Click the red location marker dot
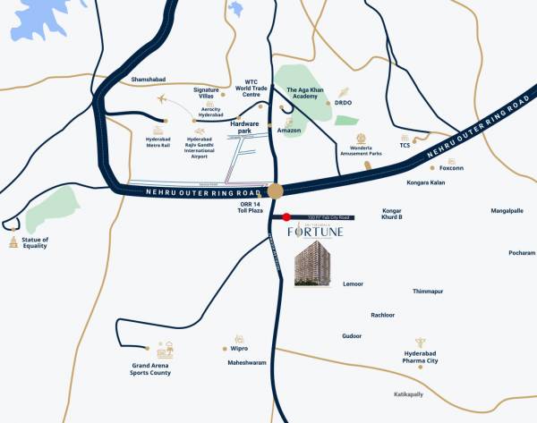pyautogui.click(x=286, y=216)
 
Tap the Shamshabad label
pyautogui.click(x=149, y=80)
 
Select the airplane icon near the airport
pyautogui.click(x=162, y=98)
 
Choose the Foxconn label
pyautogui.click(x=452, y=167)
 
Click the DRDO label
pyautogui.click(x=344, y=103)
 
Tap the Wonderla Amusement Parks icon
pyautogui.click(x=362, y=139)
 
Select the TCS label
pyautogui.click(x=405, y=145)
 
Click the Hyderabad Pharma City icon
pyautogui.click(x=419, y=343)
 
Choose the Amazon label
pyautogui.click(x=289, y=131)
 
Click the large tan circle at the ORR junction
pyautogui.click(x=276, y=190)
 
